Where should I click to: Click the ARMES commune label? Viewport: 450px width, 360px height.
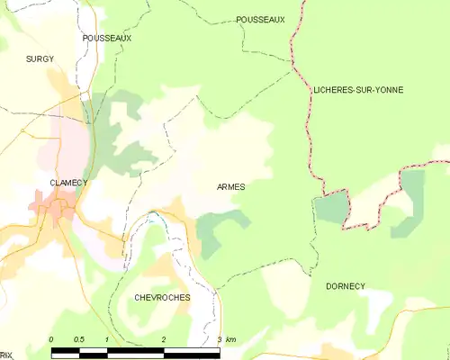pos(230,186)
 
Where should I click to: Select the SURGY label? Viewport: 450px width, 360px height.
pos(40,58)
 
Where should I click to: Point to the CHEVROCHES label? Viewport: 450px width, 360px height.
pos(161,296)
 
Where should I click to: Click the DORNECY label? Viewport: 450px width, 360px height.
pos(346,285)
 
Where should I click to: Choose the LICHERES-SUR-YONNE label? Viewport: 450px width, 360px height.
pos(358,90)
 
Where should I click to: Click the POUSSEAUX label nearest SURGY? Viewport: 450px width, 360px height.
pos(106,39)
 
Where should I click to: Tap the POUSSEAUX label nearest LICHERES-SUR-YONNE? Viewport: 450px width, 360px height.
pos(260,19)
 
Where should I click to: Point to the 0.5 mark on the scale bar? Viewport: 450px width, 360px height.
pos(79,339)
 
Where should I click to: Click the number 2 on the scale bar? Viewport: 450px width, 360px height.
pos(163,339)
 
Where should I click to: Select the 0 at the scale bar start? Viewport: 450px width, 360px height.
pos(51,339)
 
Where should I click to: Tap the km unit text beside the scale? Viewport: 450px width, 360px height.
pos(231,339)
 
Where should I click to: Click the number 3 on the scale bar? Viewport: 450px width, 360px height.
pos(219,339)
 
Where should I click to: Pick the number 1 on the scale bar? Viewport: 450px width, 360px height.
pos(107,339)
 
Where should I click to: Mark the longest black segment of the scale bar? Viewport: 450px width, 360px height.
pos(191,349)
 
